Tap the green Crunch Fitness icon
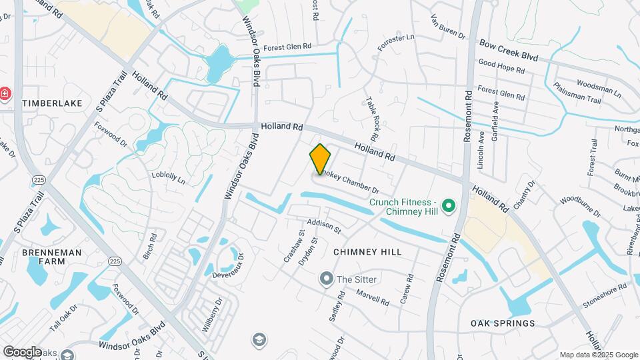coord(449,207)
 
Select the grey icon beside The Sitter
coord(326,279)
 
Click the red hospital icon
coord(5,94)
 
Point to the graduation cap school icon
coord(258,341)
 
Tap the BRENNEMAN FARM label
coord(52,257)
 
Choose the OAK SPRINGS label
coord(503,323)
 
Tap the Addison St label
coord(324,226)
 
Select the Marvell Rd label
coord(372,297)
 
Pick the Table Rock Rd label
coord(372,118)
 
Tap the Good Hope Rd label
coord(501,68)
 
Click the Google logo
coord(22,351)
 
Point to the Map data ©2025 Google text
coord(597,355)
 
